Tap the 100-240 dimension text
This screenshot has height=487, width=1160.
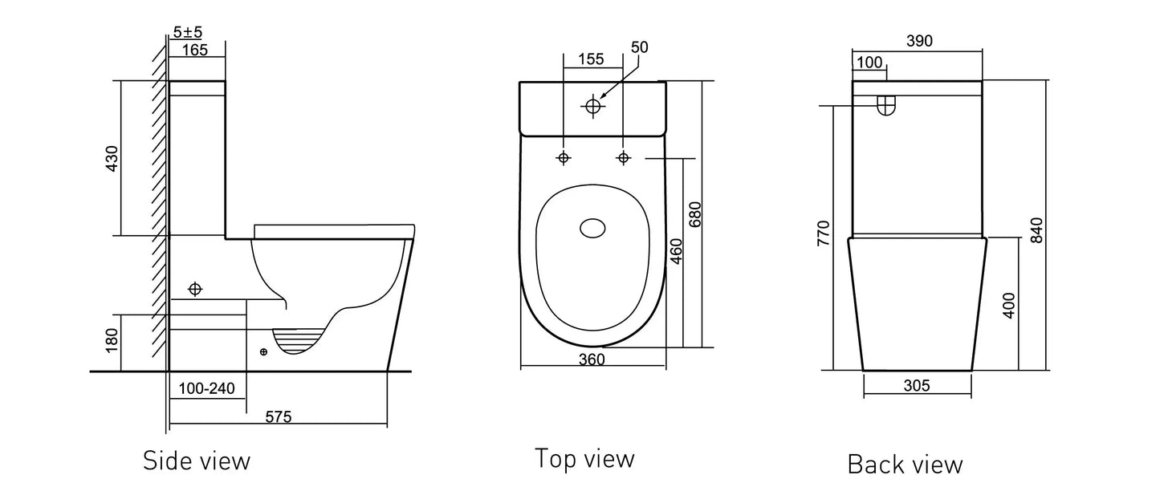(206, 389)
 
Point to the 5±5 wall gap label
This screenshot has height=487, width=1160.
(187, 33)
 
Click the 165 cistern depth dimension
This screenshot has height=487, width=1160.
(194, 51)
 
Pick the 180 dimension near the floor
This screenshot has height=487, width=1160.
(112, 342)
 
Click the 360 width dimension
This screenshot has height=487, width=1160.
(591, 360)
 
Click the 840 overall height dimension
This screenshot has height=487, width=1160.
(1036, 231)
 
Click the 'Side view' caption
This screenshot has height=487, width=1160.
(197, 461)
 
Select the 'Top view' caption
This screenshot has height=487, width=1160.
(584, 458)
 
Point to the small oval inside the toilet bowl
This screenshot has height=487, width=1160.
(594, 229)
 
